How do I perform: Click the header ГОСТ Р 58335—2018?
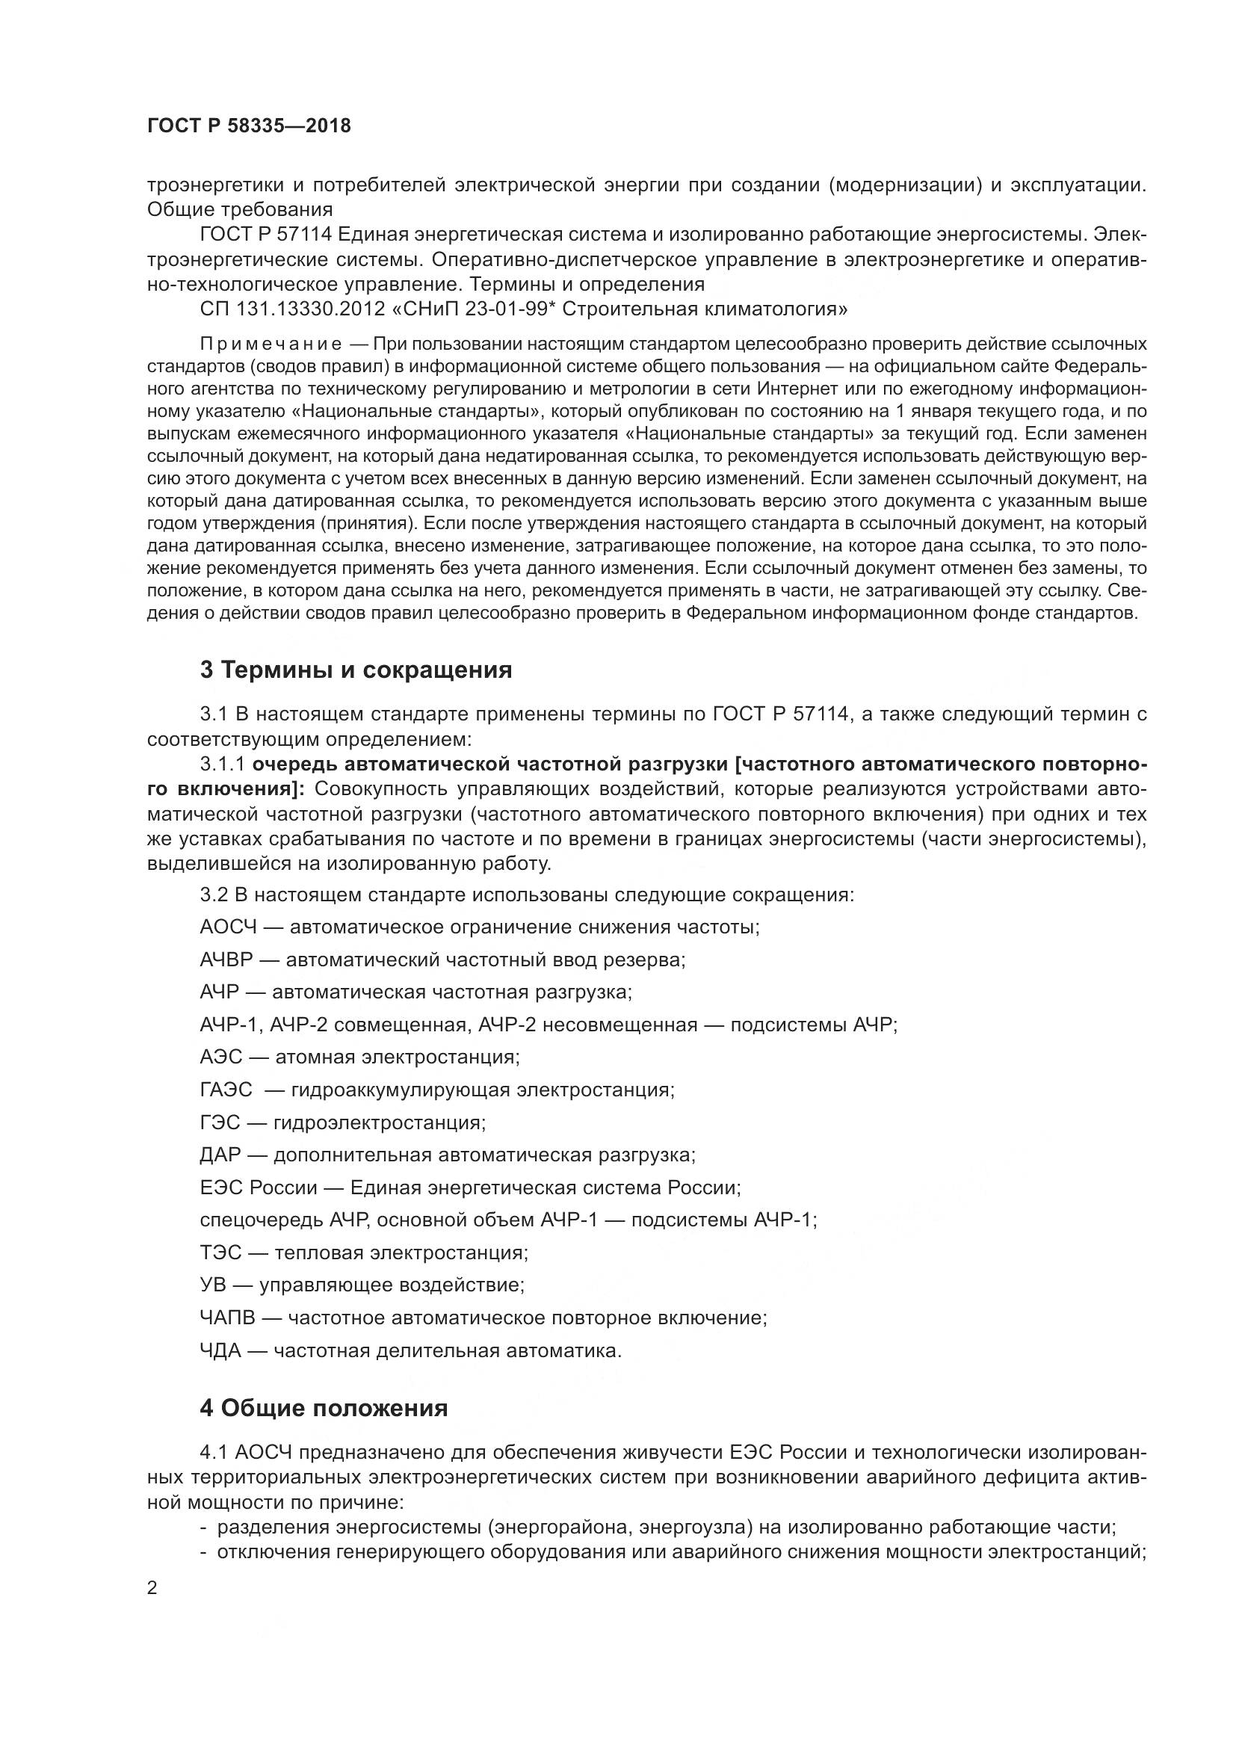pos(249,126)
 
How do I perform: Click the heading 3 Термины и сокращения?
pos(356,670)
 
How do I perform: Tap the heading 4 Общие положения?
pos(324,1409)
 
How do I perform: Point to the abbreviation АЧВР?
pos(226,960)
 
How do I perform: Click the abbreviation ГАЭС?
pos(226,1090)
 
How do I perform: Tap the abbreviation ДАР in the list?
pos(220,1155)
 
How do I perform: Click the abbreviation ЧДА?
pos(220,1350)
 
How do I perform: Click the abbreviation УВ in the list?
pos(213,1285)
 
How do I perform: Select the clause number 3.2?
pos(214,895)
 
